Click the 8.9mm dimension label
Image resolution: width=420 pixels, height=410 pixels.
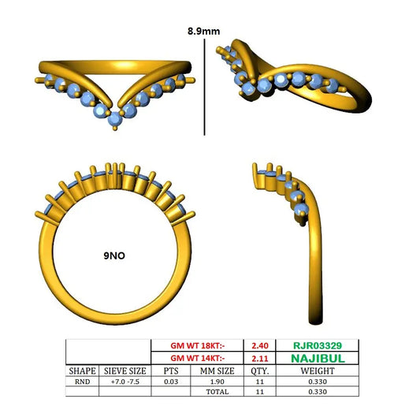tap(203, 32)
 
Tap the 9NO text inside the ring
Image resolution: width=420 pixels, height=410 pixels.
tap(114, 255)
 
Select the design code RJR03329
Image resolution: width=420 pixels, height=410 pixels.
tap(318, 345)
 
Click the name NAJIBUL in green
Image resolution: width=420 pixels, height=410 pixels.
tap(318, 359)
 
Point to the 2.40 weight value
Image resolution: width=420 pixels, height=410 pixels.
tap(260, 345)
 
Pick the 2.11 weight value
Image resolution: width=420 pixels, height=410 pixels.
tap(260, 359)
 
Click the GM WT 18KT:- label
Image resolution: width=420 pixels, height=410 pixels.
tap(198, 345)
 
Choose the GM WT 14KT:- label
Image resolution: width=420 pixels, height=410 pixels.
tap(198, 358)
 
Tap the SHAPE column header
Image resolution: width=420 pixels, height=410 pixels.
tap(82, 371)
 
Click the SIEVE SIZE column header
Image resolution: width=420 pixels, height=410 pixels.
tap(125, 371)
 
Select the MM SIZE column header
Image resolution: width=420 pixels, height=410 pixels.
tap(217, 371)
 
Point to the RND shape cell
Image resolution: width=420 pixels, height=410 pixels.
tap(82, 382)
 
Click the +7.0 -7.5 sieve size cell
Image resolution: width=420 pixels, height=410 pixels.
tap(125, 382)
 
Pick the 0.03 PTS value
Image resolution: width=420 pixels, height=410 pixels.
tap(171, 382)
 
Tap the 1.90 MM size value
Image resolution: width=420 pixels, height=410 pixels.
tap(217, 382)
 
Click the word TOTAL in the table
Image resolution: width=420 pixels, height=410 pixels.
tap(217, 392)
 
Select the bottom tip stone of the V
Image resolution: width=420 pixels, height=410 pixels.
tap(115, 119)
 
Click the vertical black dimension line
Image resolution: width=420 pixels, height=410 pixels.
tap(204, 87)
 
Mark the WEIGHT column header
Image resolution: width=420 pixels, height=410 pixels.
tap(318, 371)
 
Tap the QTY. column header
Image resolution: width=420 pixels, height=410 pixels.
tap(260, 371)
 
